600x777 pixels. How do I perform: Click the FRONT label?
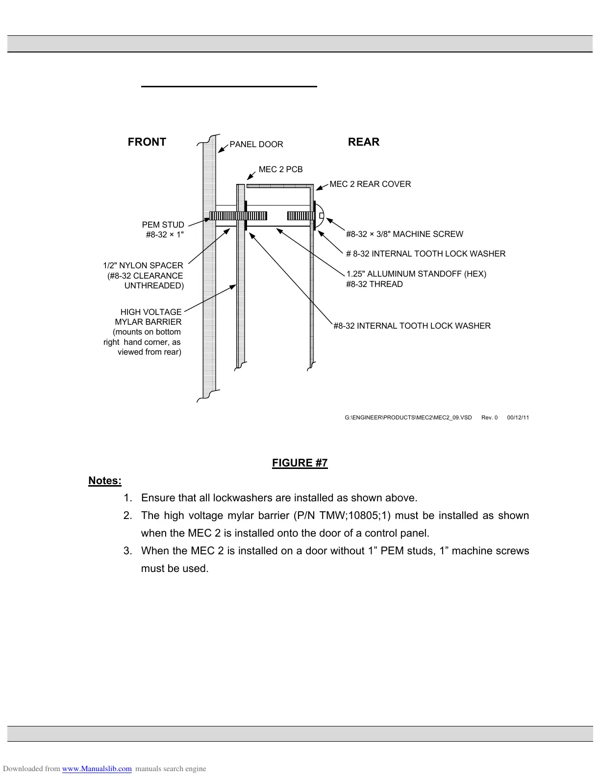[x=147, y=142]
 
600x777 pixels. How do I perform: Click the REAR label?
[x=363, y=142]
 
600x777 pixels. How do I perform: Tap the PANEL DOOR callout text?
[x=256, y=145]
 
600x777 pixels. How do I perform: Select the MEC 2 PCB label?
[x=280, y=170]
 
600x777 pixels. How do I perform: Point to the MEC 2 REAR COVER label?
[x=370, y=184]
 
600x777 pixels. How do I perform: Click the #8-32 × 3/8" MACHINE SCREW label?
[x=404, y=234]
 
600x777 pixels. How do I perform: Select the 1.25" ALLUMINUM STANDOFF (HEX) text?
[x=416, y=274]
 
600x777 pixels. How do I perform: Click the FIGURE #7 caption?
[x=300, y=463]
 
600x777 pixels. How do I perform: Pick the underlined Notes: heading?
[x=105, y=481]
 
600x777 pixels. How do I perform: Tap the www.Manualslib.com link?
[x=97, y=769]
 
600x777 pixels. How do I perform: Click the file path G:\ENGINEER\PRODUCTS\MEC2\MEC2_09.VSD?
[x=408, y=418]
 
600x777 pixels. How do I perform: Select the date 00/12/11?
[x=518, y=418]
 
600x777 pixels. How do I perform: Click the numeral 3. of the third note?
[x=127, y=551]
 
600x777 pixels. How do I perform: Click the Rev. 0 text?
[x=489, y=418]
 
